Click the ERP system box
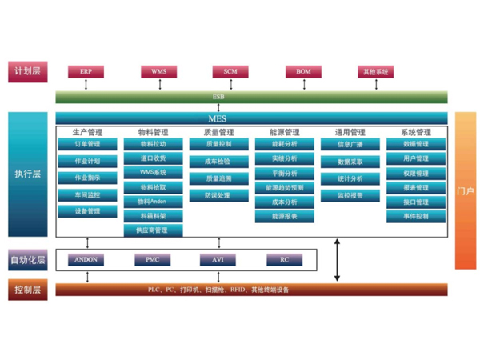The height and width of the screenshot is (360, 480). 86,72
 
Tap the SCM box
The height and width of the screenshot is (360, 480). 230,72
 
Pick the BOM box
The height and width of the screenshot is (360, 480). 303,72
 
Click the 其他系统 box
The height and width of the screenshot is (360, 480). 375,72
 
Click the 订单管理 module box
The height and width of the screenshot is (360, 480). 87,145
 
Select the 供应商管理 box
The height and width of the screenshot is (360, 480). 153,230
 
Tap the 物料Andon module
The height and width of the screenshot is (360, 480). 153,202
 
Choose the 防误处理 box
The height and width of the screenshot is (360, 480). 218,195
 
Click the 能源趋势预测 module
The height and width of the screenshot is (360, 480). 284,187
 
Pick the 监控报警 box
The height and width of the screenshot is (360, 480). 350,195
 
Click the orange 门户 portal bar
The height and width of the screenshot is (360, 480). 466,190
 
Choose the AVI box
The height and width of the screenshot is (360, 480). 218,260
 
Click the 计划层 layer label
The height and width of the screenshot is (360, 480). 27,72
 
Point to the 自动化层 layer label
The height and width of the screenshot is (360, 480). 27,260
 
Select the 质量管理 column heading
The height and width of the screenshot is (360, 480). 218,132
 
